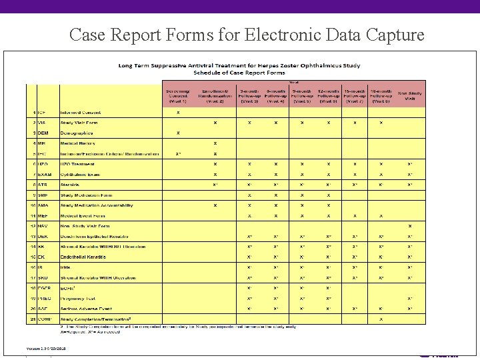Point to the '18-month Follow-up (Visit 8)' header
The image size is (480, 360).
tap(381, 95)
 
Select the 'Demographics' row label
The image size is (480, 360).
tap(77, 133)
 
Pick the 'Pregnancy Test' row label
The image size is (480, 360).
tap(78, 298)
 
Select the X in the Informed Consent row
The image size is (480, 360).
tap(177, 112)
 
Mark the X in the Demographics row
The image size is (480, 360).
tap(177, 133)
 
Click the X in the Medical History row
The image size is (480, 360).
tap(215, 143)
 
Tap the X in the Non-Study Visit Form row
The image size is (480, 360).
tap(409, 226)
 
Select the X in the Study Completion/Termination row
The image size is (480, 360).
tap(381, 319)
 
